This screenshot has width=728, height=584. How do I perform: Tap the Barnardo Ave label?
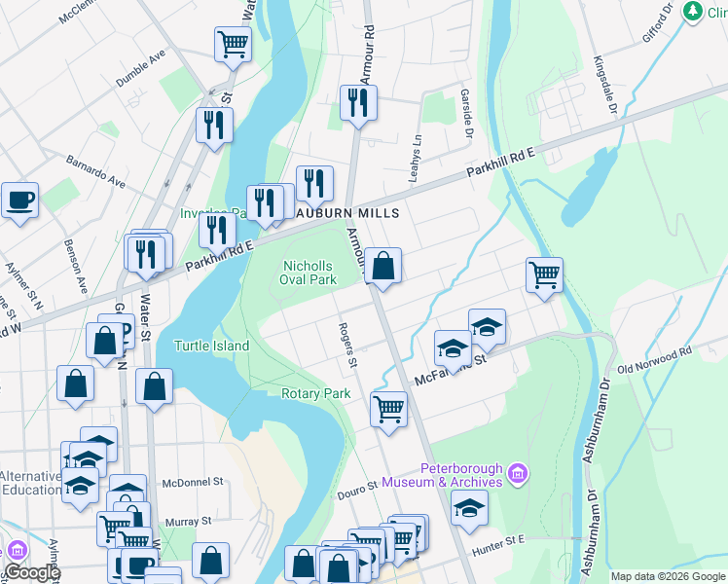point(96,170)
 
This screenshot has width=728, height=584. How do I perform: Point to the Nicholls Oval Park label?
point(309,273)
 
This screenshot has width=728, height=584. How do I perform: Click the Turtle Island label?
point(211,346)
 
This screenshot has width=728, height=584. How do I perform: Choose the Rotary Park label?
point(315,394)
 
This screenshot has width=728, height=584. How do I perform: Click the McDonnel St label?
point(193,482)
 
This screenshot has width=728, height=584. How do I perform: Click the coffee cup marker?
point(19,201)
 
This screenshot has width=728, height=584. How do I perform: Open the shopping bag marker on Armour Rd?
point(383,265)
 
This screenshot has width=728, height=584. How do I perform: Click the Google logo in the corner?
point(31,572)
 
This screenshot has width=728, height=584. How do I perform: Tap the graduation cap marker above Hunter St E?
point(469,508)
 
